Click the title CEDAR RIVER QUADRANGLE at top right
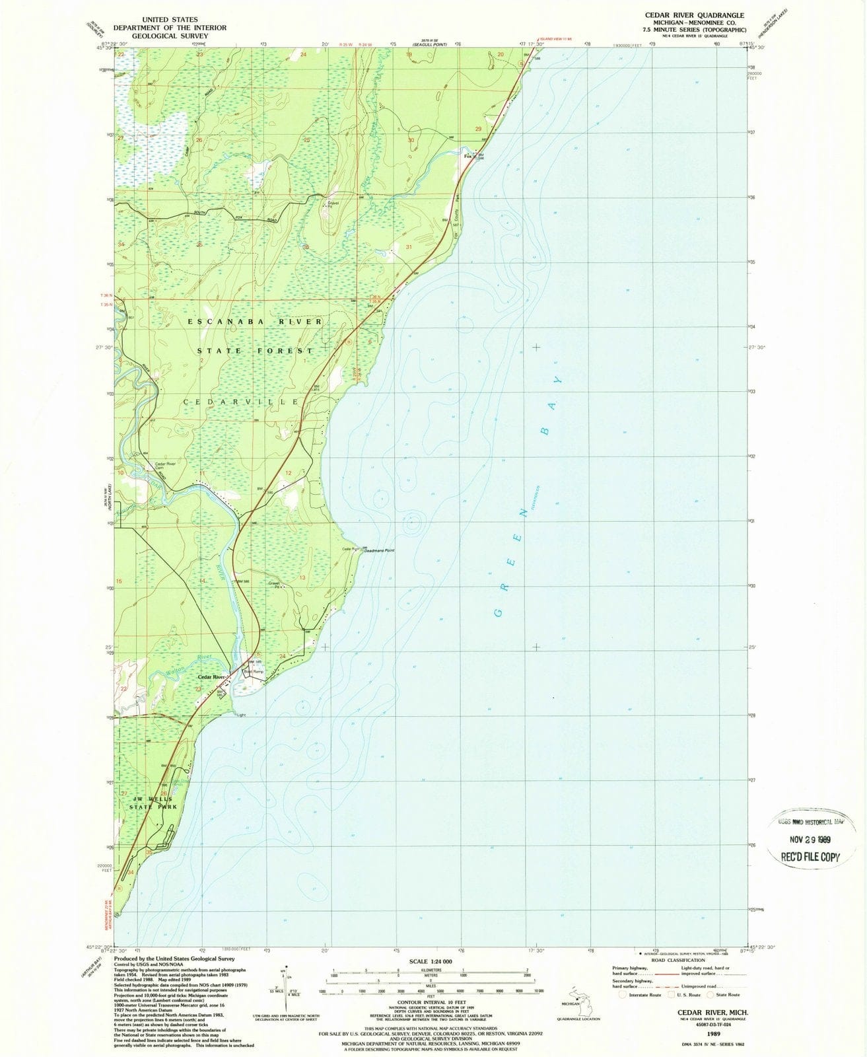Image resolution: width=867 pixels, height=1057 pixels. tap(695, 15)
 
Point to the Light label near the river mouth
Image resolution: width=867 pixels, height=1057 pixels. tap(241, 715)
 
